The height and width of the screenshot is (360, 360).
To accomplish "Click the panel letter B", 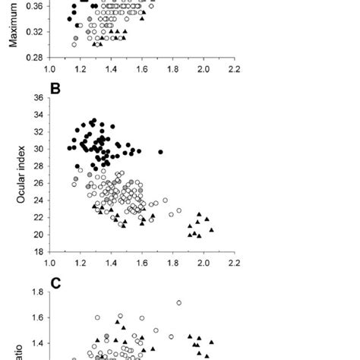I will pyautogui.click(x=55, y=87).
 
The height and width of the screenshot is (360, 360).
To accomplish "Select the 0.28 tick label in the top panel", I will pyautogui.click(x=33, y=57).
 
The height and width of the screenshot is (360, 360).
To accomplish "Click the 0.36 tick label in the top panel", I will pyautogui.click(x=33, y=6).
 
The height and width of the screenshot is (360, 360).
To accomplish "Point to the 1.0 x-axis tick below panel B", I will pyautogui.click(x=49, y=266).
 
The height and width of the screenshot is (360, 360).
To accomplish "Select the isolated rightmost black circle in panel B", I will pyautogui.click(x=161, y=152).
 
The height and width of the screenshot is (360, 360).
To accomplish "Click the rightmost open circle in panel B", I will pyautogui.click(x=179, y=210).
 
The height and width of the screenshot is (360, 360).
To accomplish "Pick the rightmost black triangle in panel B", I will pyautogui.click(x=211, y=229).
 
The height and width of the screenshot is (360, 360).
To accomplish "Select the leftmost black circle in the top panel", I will pyautogui.click(x=71, y=17).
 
